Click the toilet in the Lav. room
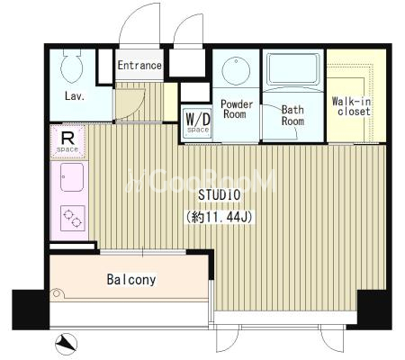point(71,67)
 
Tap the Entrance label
point(139,65)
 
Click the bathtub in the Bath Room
point(293,69)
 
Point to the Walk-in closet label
point(352,106)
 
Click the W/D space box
point(198,122)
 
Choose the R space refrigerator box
point(68,142)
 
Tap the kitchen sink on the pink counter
point(72,177)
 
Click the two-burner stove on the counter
point(73,218)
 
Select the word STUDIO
point(220,195)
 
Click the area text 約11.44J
point(220,217)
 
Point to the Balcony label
point(131,280)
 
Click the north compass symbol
point(67,344)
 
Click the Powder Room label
point(237,109)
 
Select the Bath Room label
point(292,115)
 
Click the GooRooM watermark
point(201,181)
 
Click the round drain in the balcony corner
point(57,293)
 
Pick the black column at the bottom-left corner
point(31,310)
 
